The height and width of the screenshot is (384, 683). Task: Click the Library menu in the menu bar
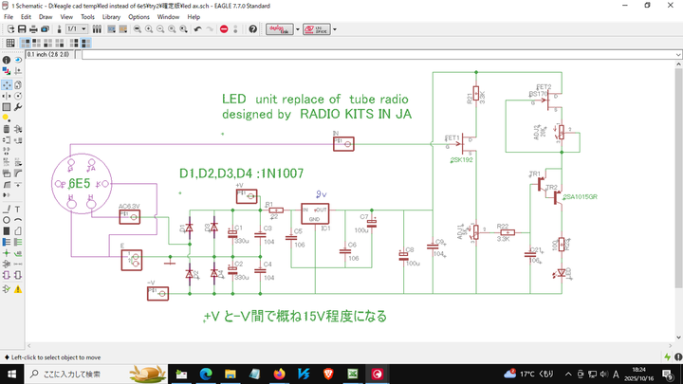[x=111, y=17]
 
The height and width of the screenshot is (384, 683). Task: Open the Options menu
[x=138, y=17]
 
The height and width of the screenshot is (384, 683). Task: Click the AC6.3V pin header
[x=129, y=215]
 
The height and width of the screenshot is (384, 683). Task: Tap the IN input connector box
[x=343, y=143]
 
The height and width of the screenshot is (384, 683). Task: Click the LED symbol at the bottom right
[x=563, y=273]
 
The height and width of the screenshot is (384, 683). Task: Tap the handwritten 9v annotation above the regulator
[x=322, y=193]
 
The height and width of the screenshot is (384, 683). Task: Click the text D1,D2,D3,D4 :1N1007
[x=242, y=174]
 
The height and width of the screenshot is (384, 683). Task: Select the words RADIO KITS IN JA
[x=355, y=114]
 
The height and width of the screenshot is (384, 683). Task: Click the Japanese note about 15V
[x=295, y=316]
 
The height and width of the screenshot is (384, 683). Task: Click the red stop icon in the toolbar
[x=224, y=29]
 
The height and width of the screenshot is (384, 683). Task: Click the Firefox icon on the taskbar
[x=278, y=374]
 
